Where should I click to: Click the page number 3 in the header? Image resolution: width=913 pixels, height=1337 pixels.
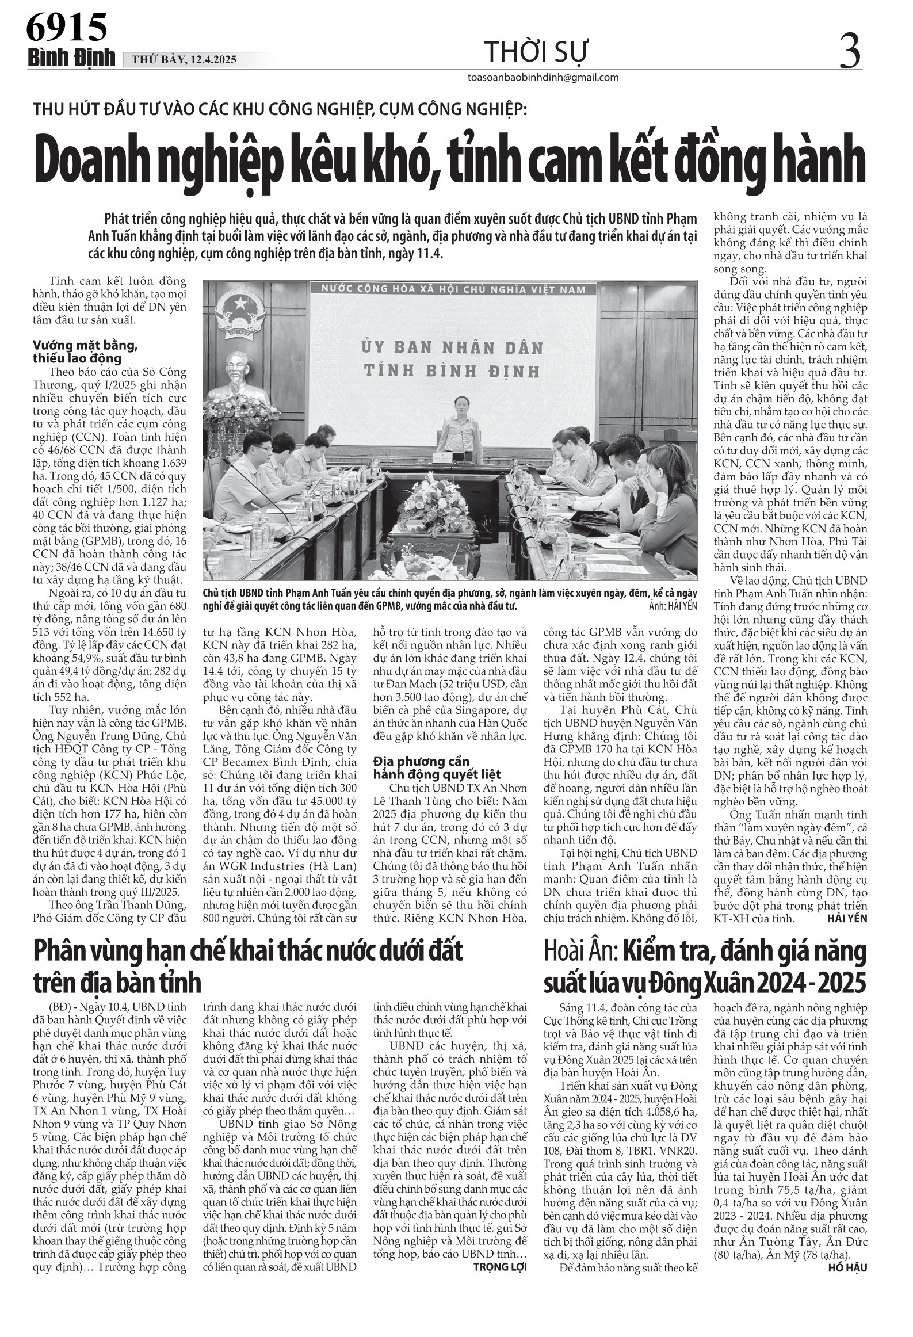850,51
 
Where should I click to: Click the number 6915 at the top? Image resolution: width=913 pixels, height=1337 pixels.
67,28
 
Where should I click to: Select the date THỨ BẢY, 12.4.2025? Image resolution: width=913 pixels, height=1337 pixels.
184,60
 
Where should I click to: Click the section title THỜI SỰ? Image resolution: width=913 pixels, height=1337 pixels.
536,53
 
